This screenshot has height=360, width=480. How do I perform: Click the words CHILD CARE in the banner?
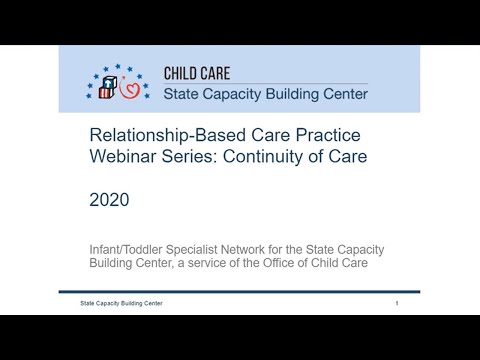coord(205,73)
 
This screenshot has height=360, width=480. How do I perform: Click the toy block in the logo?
coord(103,89)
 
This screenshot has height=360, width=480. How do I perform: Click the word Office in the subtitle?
coord(303,263)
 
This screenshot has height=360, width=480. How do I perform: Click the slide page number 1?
coord(397,302)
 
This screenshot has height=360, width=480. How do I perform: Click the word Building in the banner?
coord(305,95)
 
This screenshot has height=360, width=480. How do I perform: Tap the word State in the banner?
coord(184,95)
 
